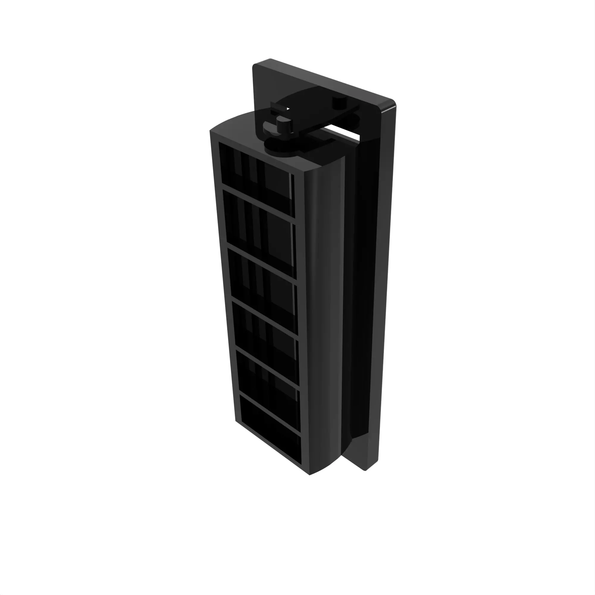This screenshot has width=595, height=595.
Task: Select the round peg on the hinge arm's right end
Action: (x=340, y=103)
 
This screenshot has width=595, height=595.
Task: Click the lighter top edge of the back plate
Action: (x=323, y=79)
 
